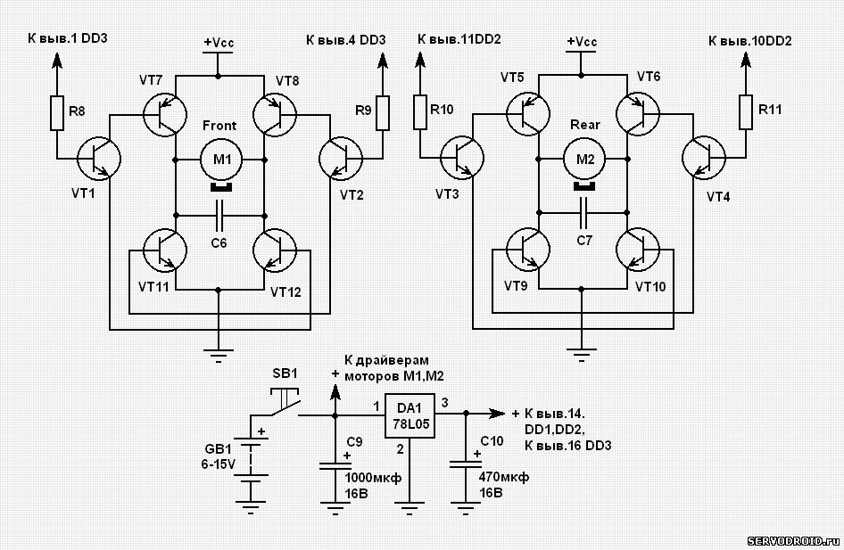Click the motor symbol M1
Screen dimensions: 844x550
[221, 160]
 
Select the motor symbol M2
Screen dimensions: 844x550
[584, 160]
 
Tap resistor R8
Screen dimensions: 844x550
[57, 113]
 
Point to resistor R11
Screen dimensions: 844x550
[746, 111]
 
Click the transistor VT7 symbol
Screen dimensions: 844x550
[165, 114]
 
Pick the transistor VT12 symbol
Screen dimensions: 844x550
[275, 250]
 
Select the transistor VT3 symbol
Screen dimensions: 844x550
[462, 158]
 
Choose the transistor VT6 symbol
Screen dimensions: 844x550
[638, 113]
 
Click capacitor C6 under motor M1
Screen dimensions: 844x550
[219, 216]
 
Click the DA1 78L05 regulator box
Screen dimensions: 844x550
[410, 415]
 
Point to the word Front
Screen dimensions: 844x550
[219, 126]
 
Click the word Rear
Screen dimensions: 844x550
[584, 125]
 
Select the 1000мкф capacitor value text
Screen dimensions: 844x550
[373, 478]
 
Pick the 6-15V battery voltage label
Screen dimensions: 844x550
[218, 464]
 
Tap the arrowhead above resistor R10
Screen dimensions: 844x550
[420, 60]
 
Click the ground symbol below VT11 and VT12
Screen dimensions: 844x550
[218, 356]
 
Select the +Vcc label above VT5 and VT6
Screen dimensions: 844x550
[582, 41]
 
